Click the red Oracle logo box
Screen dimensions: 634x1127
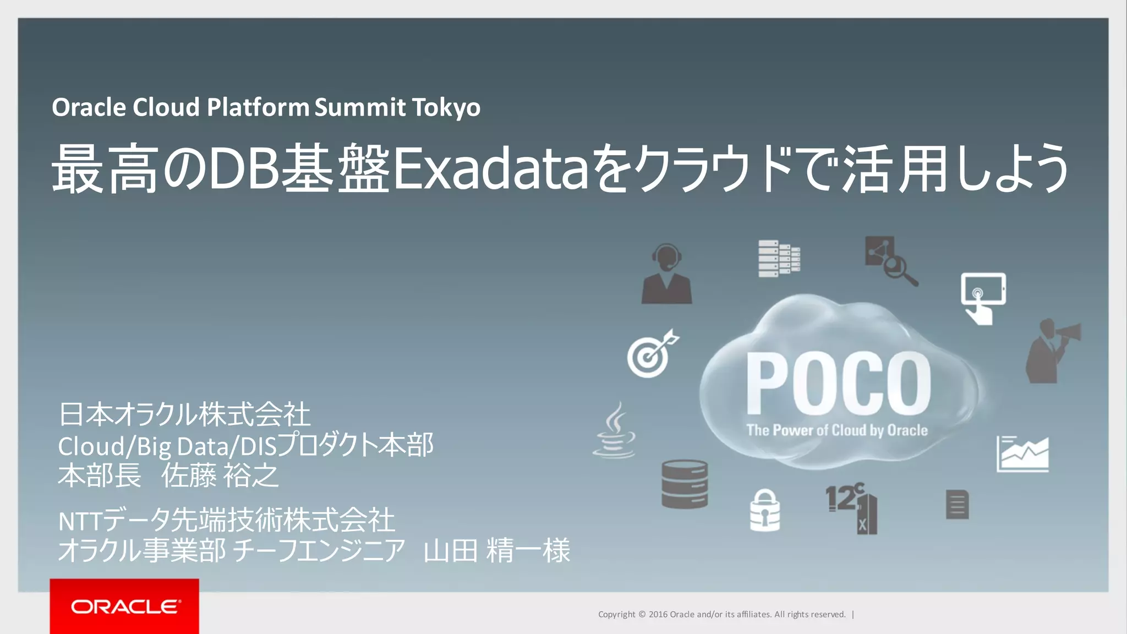pos(124,606)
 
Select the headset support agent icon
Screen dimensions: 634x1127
pos(666,274)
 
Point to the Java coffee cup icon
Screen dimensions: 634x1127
pos(615,431)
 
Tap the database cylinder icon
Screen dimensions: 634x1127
pos(684,484)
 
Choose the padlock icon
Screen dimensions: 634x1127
pos(765,511)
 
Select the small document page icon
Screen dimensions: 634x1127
pos(957,504)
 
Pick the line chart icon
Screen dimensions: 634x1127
pos(1022,454)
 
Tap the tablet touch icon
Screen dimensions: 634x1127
pos(983,298)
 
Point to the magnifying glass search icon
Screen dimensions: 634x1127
pos(890,261)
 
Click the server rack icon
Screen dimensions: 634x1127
pos(779,259)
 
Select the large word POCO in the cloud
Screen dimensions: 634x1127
pos(838,384)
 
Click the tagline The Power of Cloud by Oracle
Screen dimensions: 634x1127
pos(836,430)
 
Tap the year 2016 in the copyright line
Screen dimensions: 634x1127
pos(658,614)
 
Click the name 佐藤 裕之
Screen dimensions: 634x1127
pos(220,475)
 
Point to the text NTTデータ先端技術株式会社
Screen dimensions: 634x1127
pos(226,520)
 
